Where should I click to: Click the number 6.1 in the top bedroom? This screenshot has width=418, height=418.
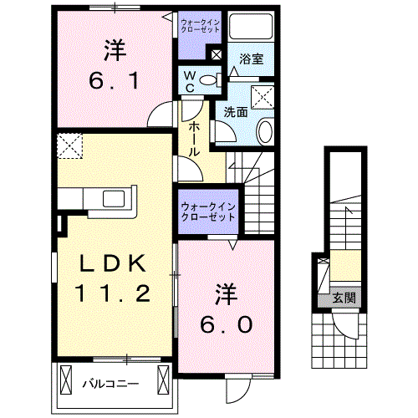115,83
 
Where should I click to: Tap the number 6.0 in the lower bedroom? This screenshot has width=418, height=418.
224,324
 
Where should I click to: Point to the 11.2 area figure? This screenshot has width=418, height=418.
115,293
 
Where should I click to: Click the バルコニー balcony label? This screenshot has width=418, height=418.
110,385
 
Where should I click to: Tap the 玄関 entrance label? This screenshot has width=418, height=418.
344,297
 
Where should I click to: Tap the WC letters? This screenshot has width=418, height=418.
190,81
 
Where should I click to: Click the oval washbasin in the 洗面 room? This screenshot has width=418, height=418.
264,130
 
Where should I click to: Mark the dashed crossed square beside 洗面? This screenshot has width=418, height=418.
264,97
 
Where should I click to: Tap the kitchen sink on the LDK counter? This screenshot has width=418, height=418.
111,199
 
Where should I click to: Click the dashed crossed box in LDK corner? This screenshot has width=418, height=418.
71,146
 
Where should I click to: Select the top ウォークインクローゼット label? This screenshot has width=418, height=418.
201,23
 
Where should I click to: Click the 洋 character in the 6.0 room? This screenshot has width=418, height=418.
224,293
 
